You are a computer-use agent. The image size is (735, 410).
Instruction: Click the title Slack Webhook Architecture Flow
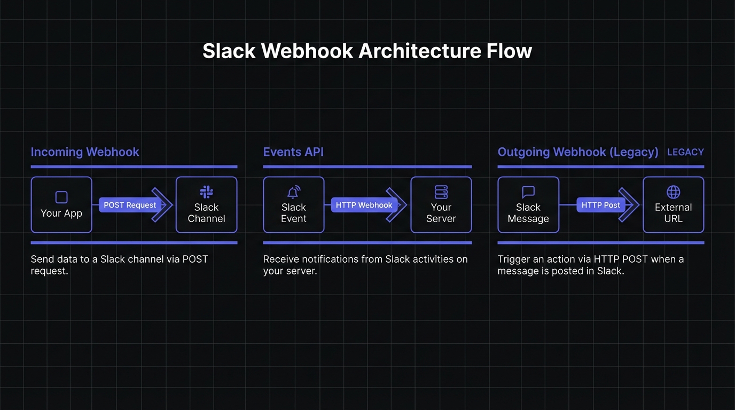point(367,51)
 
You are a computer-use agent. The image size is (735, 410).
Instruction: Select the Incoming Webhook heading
point(84,152)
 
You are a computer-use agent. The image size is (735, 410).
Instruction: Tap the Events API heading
point(293,152)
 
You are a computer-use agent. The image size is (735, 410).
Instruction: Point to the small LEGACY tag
point(685,152)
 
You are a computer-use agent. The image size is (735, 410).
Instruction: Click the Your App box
point(61,204)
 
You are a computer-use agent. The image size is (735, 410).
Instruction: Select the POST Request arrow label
point(130,205)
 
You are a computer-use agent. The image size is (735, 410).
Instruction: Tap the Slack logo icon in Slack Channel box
point(206,192)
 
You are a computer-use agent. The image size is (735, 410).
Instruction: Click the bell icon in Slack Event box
point(294,192)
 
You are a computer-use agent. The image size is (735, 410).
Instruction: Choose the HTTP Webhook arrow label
point(364,205)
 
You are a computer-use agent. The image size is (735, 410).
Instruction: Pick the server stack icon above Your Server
point(441,192)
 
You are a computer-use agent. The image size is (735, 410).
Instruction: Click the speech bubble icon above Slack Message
point(528,192)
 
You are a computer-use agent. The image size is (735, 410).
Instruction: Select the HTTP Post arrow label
point(601,205)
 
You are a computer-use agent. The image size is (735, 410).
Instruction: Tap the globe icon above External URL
point(674,192)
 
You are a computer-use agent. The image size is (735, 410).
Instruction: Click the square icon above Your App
point(61,198)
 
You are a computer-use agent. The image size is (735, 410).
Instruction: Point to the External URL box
point(674,204)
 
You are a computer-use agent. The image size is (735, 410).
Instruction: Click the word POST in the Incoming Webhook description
point(196,259)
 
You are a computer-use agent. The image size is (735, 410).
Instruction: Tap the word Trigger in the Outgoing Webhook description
point(513,260)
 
